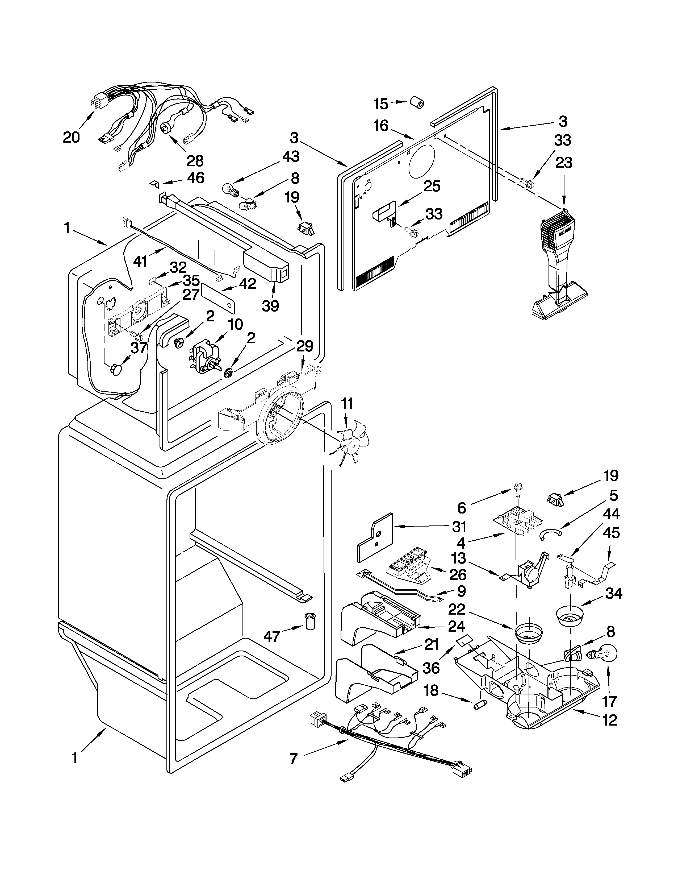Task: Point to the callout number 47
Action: click(x=272, y=636)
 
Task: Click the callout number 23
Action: click(x=563, y=163)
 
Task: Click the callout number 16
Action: click(x=381, y=126)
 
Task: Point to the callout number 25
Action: click(x=432, y=186)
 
